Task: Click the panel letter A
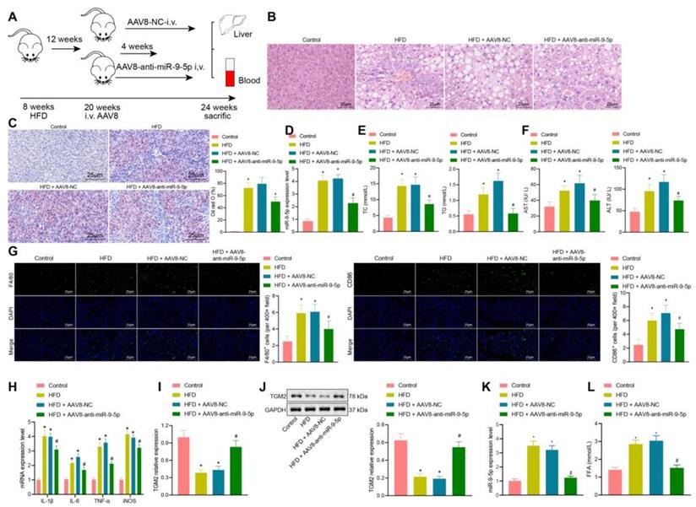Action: pos(11,11)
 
